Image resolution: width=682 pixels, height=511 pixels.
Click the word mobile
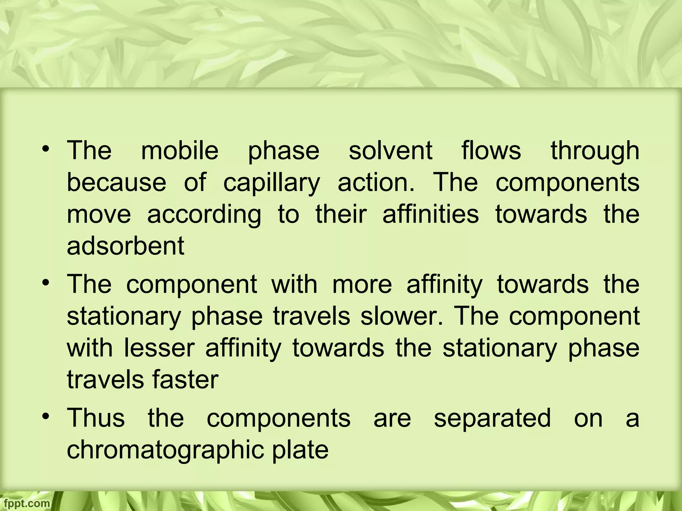[x=180, y=150]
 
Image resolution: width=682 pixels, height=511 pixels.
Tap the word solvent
[x=390, y=150]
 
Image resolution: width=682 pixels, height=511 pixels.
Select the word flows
[x=491, y=150]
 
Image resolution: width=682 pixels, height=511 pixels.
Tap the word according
[x=204, y=215]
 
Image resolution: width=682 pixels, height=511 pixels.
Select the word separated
[x=493, y=419]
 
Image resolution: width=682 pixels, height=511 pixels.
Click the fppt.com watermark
[x=25, y=503]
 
